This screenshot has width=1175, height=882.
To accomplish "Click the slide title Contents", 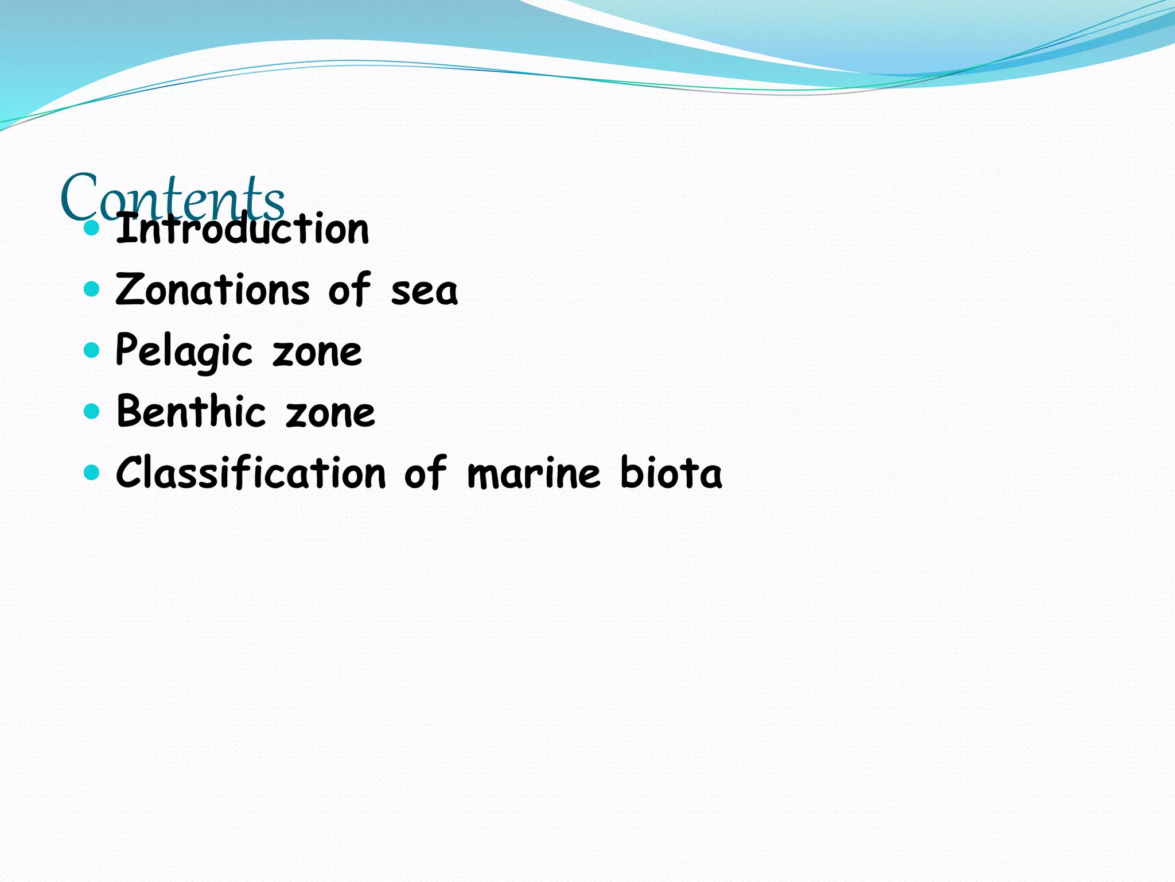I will click(172, 196).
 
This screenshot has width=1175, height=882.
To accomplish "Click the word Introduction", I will click(242, 229).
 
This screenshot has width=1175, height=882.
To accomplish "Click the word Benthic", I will click(191, 412).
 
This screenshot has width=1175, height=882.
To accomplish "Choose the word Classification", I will click(251, 473).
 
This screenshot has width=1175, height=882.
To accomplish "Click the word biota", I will click(671, 473).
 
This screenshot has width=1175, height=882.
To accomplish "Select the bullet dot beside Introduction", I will click(91, 228).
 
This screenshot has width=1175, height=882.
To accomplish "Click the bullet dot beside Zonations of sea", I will click(91, 289).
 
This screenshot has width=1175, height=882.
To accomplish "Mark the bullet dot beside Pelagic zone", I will click(91, 350).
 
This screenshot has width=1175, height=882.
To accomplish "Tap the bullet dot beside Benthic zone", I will click(91, 411).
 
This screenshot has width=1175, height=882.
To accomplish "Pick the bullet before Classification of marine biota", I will click(91, 473).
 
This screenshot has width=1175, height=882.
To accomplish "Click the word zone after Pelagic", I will click(317, 353).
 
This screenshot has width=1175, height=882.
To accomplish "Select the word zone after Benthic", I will click(330, 413).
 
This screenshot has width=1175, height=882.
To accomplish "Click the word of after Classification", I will click(425, 473).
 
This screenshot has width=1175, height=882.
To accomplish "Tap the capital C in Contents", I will click(78, 196).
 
